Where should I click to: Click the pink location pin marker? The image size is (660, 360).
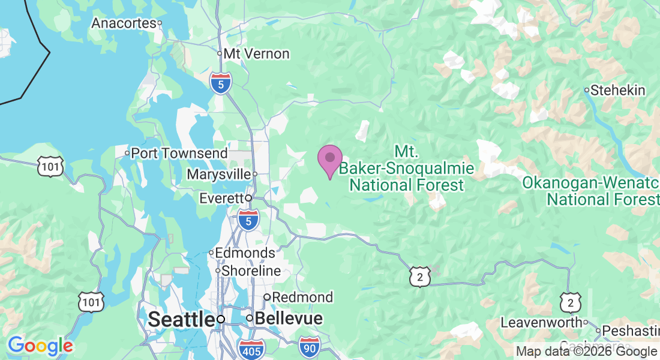click(x=329, y=160)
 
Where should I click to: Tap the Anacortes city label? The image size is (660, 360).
click(x=124, y=23)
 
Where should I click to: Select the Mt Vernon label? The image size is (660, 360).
click(x=256, y=53)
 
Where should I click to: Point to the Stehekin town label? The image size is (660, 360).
click(x=617, y=91)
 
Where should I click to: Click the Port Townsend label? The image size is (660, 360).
click(x=179, y=153)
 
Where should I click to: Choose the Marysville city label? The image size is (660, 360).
click(x=218, y=174)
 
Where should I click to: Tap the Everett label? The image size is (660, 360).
click(x=221, y=198)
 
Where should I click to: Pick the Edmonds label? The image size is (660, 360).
click(x=245, y=253)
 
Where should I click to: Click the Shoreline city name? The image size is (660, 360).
click(x=251, y=271)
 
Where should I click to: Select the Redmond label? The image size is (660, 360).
click(x=302, y=297)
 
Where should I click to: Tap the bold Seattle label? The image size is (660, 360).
click(x=181, y=319)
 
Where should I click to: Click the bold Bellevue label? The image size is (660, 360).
click(x=289, y=319)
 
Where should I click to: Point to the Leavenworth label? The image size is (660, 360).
click(x=541, y=322)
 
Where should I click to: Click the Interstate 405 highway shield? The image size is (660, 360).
click(x=250, y=349)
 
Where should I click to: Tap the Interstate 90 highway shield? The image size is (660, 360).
click(x=310, y=345)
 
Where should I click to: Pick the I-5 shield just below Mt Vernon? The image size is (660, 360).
click(x=221, y=84)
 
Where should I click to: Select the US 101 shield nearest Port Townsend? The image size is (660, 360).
click(x=50, y=166)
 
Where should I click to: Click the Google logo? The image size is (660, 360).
click(x=40, y=346)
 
